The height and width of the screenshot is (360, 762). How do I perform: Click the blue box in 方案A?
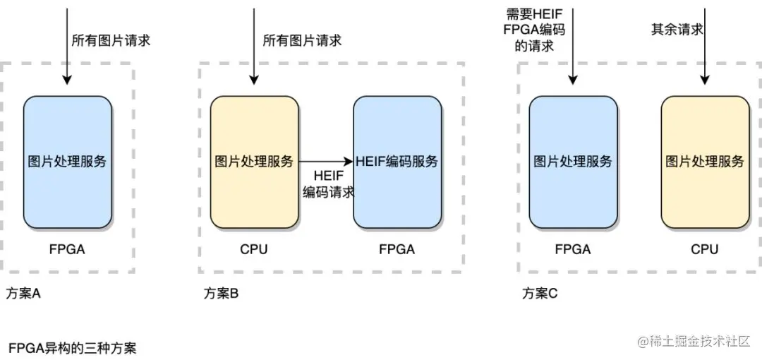pos(68,162)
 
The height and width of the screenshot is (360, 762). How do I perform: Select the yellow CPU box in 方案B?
pos(254,162)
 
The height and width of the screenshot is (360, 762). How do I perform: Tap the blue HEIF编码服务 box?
pos(397,162)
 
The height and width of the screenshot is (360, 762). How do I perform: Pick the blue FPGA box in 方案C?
pos(573,162)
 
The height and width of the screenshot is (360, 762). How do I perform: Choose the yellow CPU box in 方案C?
pos(705,162)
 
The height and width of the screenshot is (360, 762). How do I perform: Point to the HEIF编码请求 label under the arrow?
pos(328,184)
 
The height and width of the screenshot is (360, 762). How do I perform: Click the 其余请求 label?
pos(677,30)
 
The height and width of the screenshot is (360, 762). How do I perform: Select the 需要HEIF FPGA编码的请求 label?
pos(534,30)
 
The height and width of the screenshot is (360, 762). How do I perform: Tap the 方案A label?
pos(23,294)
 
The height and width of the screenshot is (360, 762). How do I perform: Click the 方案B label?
pos(221,294)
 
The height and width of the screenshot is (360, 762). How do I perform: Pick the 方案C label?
pos(540,294)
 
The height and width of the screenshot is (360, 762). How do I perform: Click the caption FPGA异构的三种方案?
pos(73,348)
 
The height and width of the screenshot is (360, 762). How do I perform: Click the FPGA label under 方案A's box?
pos(67,250)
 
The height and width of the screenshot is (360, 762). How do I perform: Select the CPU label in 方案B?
pos(254,250)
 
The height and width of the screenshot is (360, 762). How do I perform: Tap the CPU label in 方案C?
pos(705,250)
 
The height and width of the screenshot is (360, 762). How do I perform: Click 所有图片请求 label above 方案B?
pos(302,40)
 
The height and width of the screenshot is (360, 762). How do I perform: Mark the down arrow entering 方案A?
pos(68,46)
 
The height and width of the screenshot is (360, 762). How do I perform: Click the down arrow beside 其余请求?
pos(705,46)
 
